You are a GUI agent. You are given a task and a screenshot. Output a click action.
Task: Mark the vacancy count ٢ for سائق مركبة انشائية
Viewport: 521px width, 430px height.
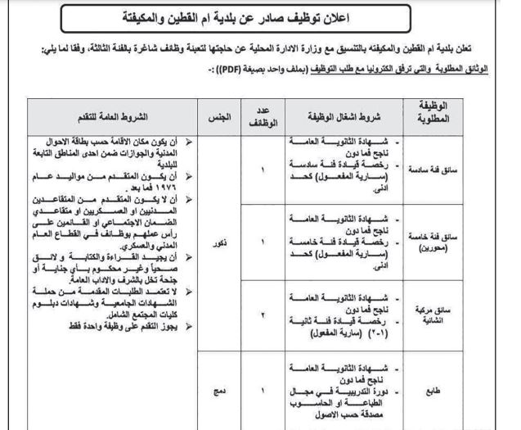(263, 315)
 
